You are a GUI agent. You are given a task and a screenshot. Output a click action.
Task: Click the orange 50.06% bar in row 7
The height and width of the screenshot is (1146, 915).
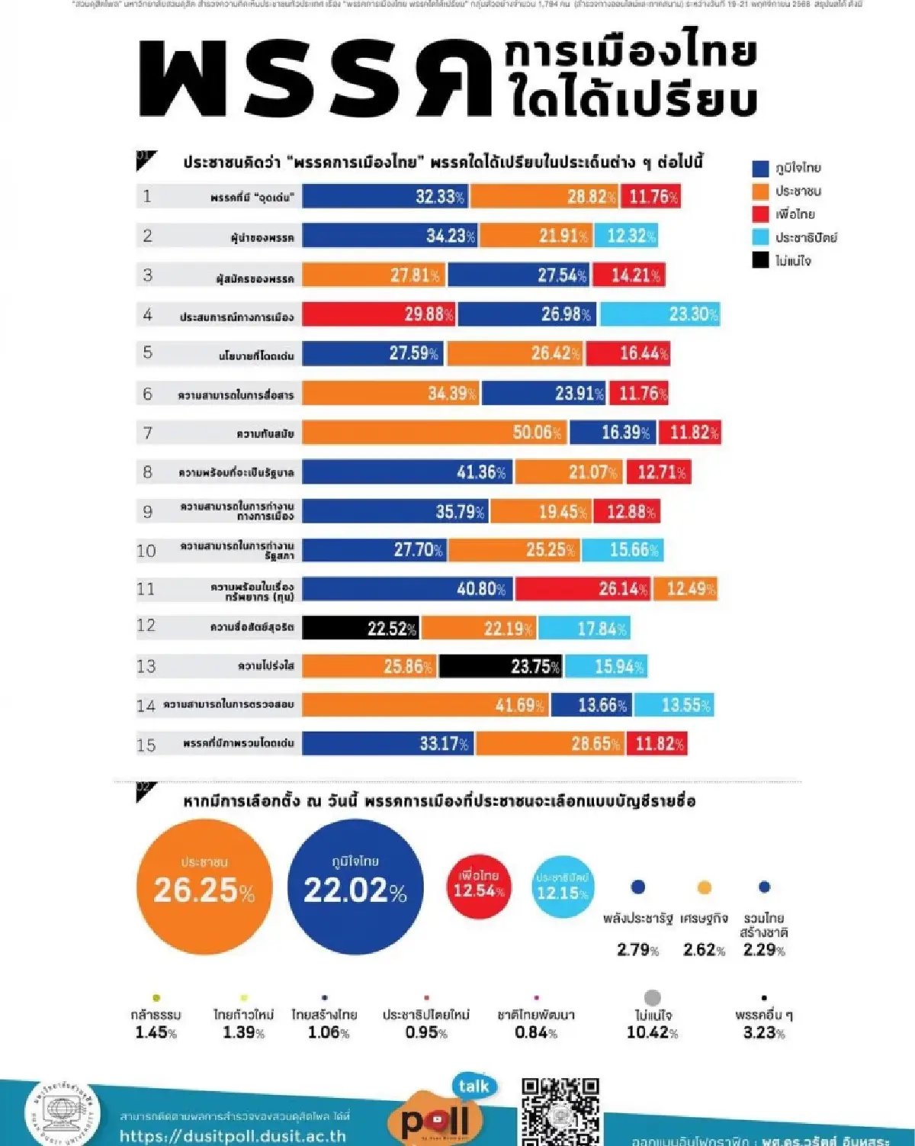click(x=435, y=433)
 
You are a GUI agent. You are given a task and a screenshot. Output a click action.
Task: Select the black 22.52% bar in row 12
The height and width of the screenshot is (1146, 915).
click(x=361, y=628)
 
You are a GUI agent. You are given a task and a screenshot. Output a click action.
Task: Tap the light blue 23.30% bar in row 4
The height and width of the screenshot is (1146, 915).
click(x=660, y=314)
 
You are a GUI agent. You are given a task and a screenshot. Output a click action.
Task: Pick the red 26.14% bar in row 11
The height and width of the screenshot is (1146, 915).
click(x=583, y=588)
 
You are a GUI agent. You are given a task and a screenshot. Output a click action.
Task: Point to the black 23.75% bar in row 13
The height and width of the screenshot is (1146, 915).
click(x=500, y=666)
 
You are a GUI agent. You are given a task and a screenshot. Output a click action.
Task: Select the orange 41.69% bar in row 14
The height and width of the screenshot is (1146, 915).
click(x=425, y=705)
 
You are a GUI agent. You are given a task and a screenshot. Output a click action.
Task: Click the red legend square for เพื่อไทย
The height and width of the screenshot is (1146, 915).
click(x=760, y=214)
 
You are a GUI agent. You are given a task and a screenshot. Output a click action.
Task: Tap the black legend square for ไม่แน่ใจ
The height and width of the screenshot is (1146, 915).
click(x=760, y=260)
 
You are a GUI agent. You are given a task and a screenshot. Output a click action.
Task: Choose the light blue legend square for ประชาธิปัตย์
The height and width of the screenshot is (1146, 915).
click(x=760, y=237)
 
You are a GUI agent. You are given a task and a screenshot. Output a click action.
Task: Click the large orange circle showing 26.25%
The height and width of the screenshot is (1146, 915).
click(x=204, y=887)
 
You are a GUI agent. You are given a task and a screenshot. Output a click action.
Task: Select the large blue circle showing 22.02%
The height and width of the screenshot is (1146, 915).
click(x=355, y=887)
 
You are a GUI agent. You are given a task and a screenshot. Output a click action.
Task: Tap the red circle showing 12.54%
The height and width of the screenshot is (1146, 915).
click(x=478, y=886)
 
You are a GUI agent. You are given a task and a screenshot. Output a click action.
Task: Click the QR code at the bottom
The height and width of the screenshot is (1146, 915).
click(x=560, y=1111)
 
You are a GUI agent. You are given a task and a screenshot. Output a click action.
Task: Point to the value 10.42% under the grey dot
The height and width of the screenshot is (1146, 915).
click(x=652, y=1033)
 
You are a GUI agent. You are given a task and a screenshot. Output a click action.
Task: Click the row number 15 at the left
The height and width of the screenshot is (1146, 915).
click(x=146, y=745)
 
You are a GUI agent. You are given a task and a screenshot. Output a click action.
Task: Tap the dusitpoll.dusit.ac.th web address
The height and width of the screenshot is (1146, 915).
click(x=233, y=1136)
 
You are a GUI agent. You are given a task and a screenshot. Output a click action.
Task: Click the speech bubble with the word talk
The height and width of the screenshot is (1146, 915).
click(x=474, y=1086)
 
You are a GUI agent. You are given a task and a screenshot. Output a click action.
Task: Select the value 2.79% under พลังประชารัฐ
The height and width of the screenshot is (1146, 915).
click(x=637, y=950)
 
